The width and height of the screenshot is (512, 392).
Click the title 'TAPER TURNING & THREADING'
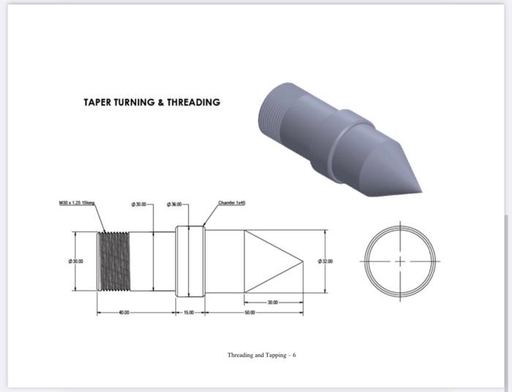pos(151,102)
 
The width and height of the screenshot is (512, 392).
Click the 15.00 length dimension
pos(189,313)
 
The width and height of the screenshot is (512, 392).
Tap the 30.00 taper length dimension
pos(273,301)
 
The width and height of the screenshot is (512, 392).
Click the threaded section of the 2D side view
pos(115,260)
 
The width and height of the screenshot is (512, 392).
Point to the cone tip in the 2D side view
pos(301,260)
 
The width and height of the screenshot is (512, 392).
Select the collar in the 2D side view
pos(190,260)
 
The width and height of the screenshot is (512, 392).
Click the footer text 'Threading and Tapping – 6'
pos(261,355)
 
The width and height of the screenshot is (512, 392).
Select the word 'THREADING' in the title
pos(193,102)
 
